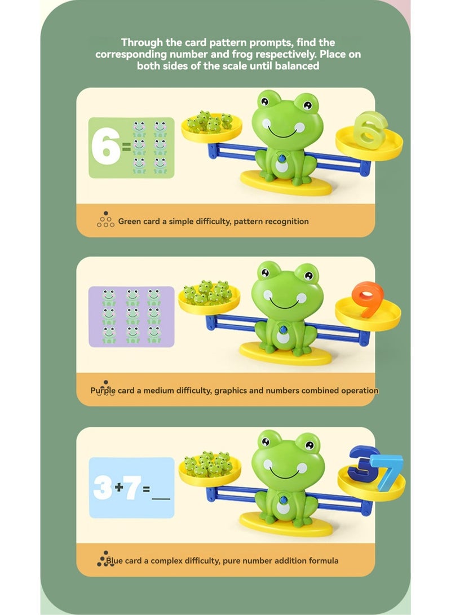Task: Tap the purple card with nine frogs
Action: point(131,316)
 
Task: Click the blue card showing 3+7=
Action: point(131,487)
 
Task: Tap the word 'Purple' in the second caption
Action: point(104,390)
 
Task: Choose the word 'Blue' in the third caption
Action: point(114,560)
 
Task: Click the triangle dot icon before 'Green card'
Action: point(105,220)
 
